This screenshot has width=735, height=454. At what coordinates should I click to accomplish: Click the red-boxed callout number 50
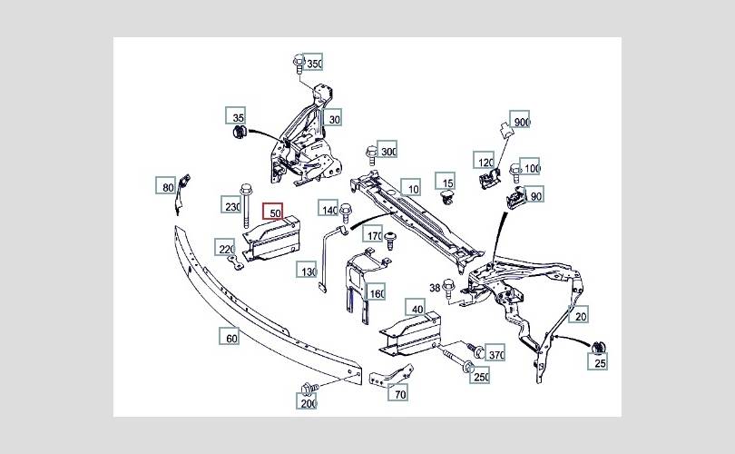pos(274,212)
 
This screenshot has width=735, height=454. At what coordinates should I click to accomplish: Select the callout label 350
pos(314,64)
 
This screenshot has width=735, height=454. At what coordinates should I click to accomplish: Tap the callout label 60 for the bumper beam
pos(230,338)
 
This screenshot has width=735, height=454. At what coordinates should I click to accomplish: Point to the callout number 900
pos(521,123)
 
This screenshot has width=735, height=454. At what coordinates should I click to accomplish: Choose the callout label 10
pos(413,189)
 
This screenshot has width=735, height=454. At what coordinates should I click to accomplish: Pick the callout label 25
pos(600,363)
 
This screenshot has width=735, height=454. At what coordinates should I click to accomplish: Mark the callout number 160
pos(377,293)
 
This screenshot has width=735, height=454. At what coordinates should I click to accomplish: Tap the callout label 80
pos(166,187)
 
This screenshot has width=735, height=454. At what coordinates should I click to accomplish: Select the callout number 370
pos(495,354)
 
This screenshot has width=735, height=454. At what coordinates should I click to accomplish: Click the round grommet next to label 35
pos(240,135)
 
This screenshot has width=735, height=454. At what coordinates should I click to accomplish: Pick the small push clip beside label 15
pos(446,195)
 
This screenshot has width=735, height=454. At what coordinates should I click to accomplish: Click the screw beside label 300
pos(370,152)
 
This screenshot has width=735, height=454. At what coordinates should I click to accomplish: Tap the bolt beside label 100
pos(514,169)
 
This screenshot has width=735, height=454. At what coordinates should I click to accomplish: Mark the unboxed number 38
pos(435,288)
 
